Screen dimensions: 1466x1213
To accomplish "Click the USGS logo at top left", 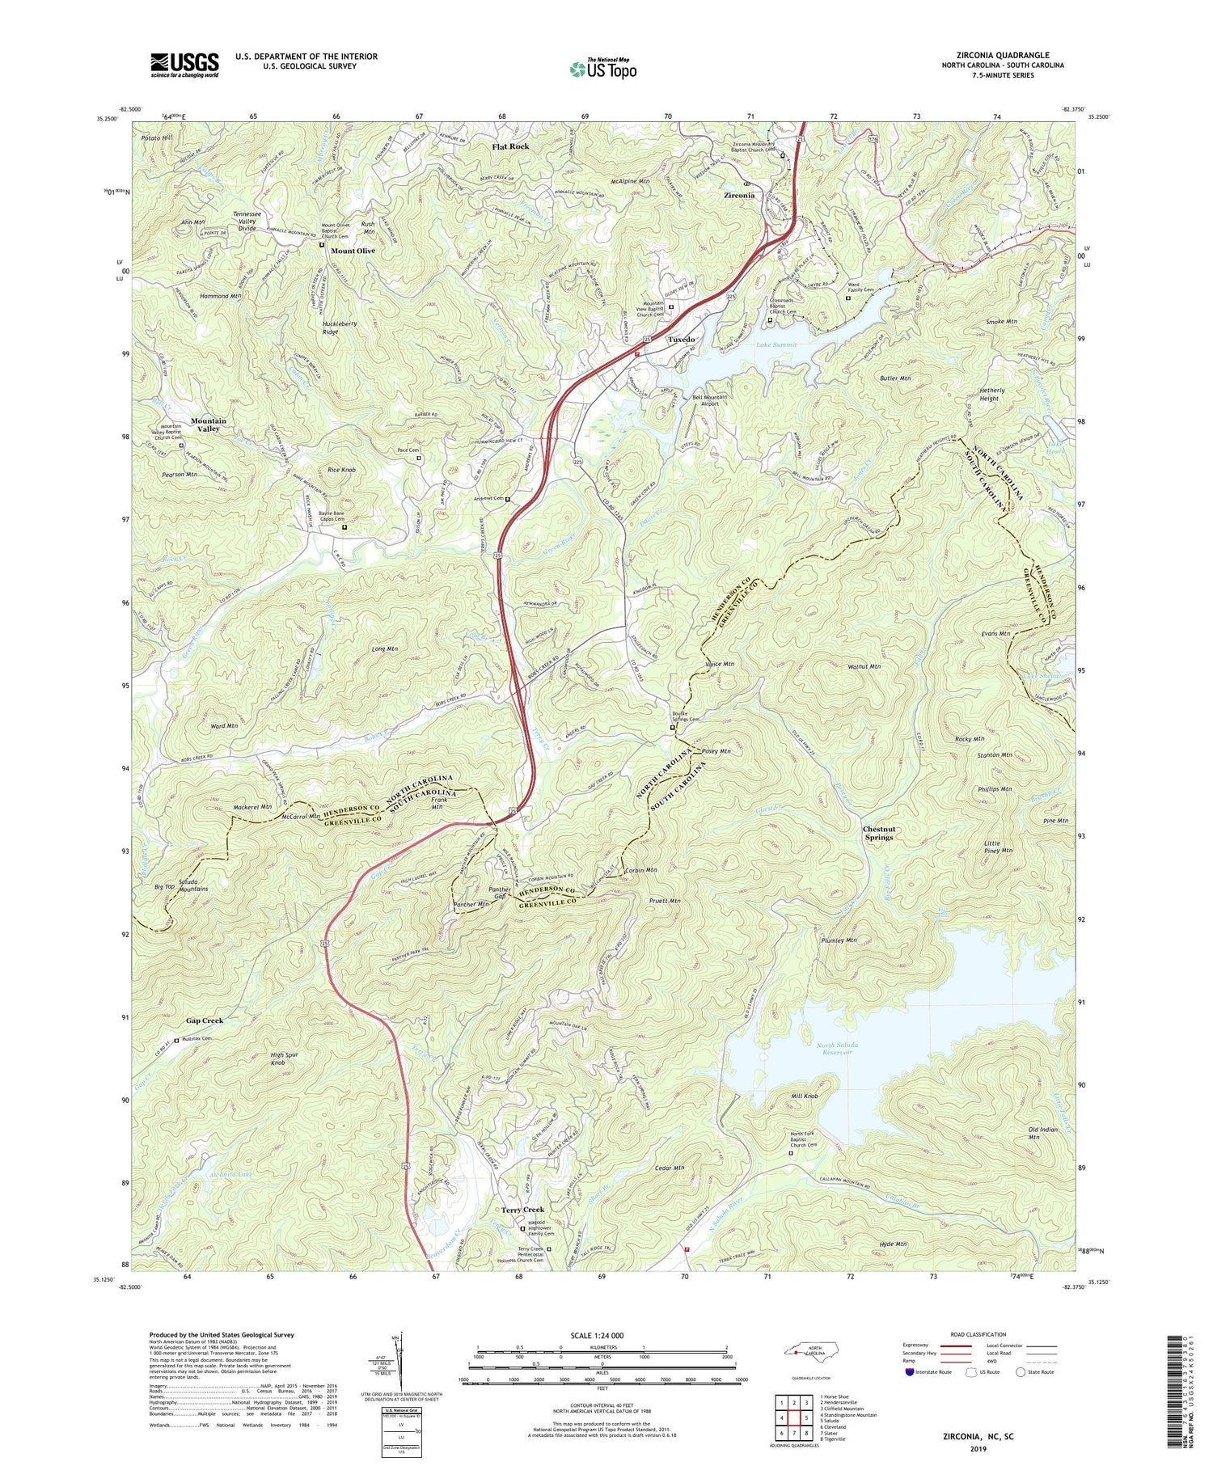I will [184, 65].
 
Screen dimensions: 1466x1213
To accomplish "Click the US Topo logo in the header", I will [602, 69].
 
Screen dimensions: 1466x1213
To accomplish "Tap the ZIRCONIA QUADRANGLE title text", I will [999, 54].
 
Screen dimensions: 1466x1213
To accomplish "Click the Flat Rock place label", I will [511, 146].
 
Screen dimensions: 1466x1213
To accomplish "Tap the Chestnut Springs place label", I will [878, 833].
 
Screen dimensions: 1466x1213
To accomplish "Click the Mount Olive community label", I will [353, 251].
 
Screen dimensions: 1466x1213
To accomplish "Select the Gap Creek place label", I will [204, 1020].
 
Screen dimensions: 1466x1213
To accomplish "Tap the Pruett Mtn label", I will [664, 900].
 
